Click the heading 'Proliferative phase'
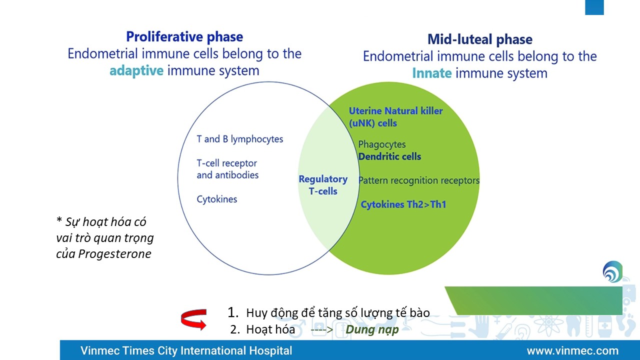(x=184, y=37)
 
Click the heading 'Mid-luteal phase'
(x=479, y=39)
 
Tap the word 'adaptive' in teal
(x=136, y=71)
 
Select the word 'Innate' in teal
(x=432, y=73)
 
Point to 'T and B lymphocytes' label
(x=239, y=139)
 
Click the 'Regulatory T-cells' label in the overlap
(x=323, y=185)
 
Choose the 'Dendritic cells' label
(x=389, y=156)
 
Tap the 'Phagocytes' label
(x=382, y=144)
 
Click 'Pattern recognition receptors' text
(x=419, y=180)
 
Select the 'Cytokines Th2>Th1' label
(x=403, y=204)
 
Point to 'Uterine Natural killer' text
(x=395, y=111)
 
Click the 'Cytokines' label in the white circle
(x=216, y=199)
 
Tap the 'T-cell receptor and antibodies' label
(x=227, y=169)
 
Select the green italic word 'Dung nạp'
(x=372, y=330)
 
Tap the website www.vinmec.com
(x=572, y=350)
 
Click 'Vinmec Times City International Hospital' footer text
(x=186, y=350)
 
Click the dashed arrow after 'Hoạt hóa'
(x=321, y=330)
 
